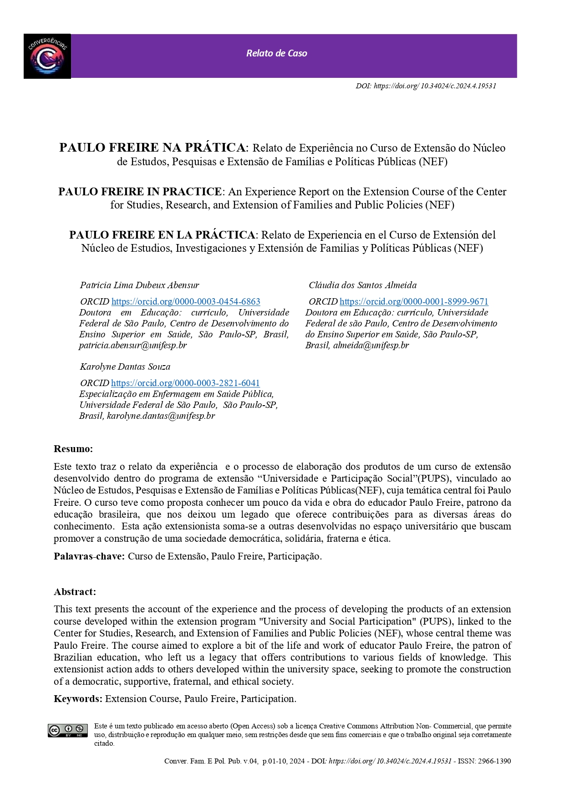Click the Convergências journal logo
click(x=47, y=56)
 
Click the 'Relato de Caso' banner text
click(x=276, y=53)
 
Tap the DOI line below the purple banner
click(x=426, y=86)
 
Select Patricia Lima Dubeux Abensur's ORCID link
click(x=186, y=301)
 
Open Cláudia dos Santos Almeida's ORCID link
click(x=414, y=301)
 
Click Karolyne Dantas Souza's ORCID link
click(x=185, y=383)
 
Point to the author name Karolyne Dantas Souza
click(x=125, y=366)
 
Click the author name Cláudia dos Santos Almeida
click(x=362, y=285)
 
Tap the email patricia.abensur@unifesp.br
click(x=133, y=345)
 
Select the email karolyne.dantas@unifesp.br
click(x=161, y=416)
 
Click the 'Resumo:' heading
click(x=73, y=448)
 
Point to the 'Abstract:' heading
click(x=75, y=591)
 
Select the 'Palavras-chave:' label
click(x=89, y=556)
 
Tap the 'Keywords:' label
click(x=78, y=698)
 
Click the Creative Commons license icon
click(x=68, y=730)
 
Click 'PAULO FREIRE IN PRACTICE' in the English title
click(x=140, y=192)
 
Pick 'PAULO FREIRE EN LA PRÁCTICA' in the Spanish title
click(x=162, y=235)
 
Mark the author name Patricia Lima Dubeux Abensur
click(x=139, y=285)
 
